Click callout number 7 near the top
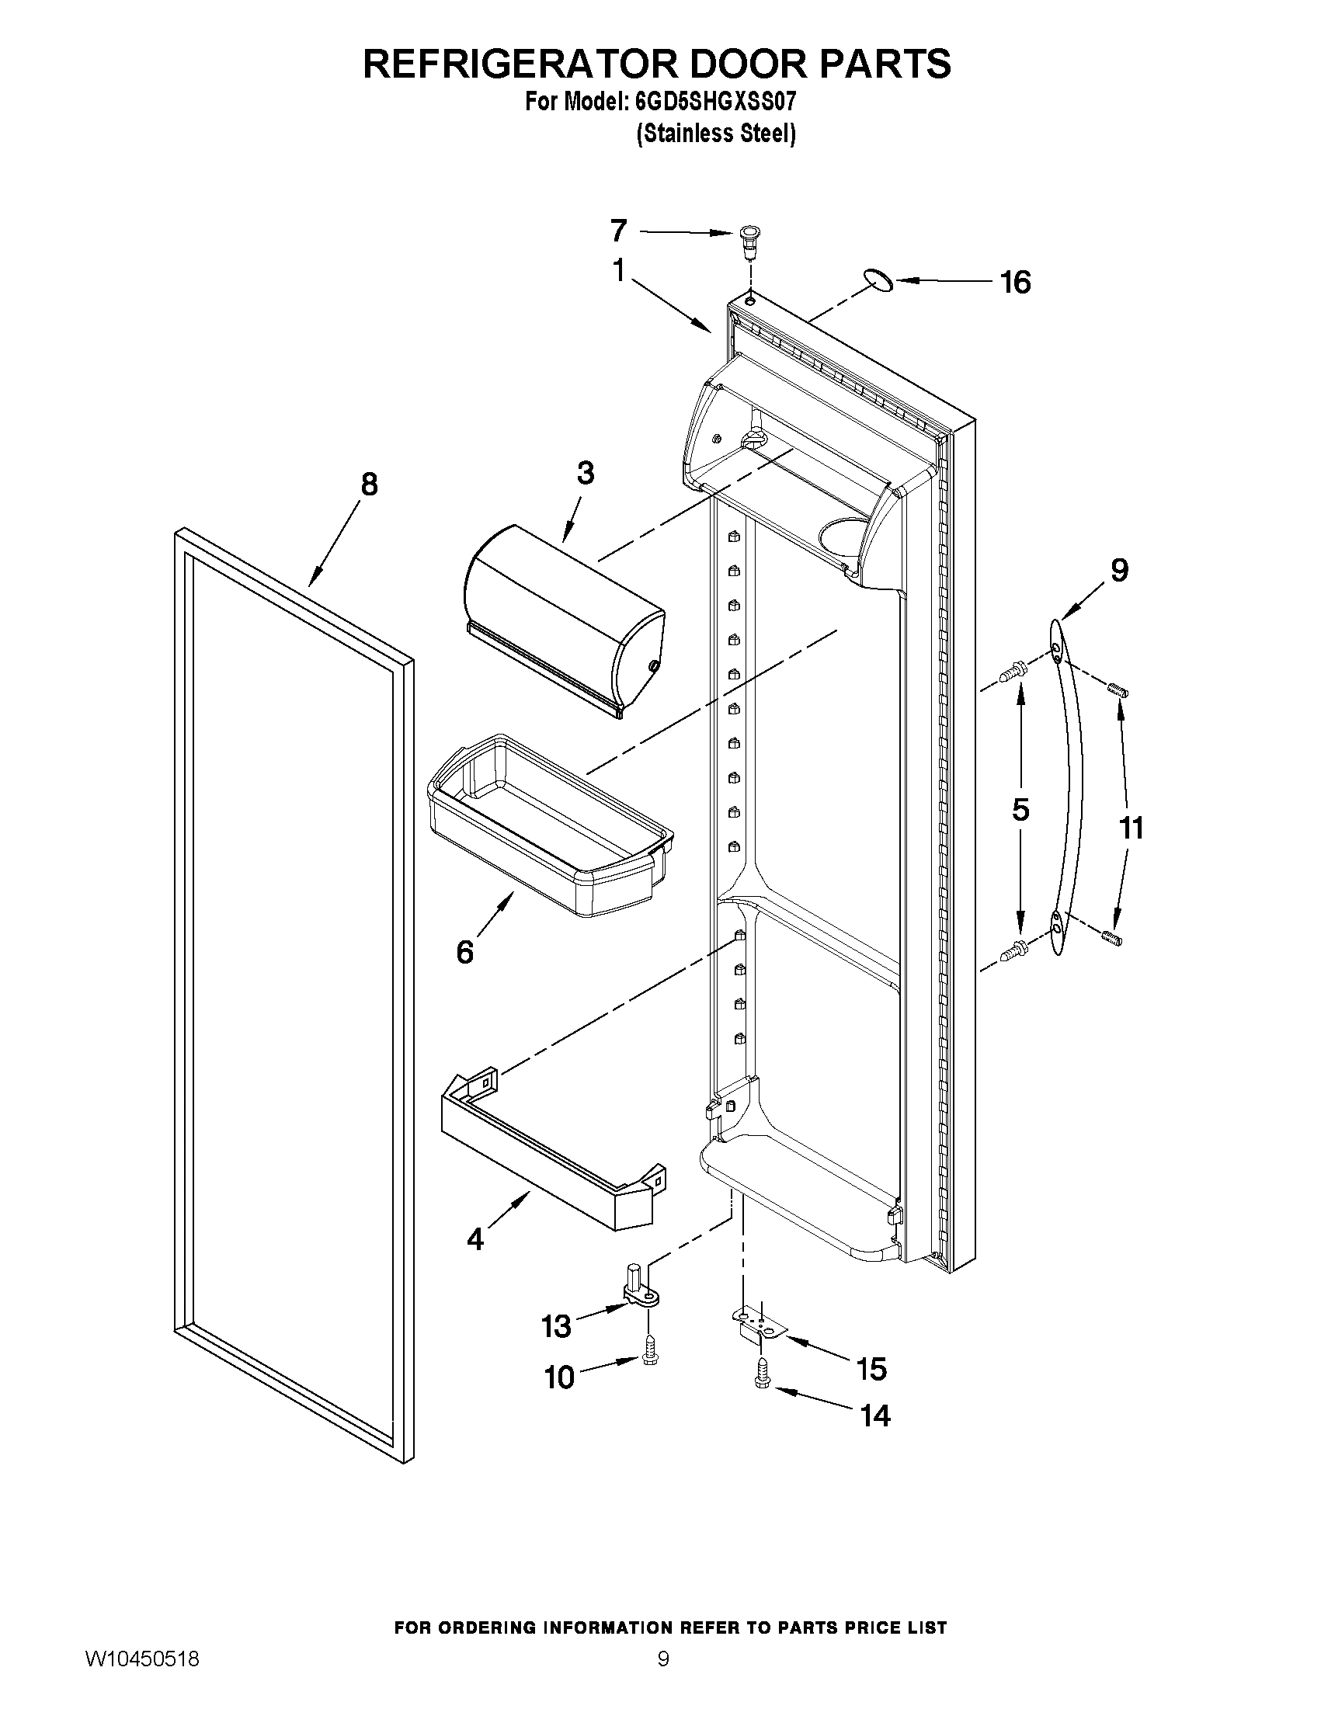[x=618, y=231]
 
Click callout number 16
[x=1016, y=283]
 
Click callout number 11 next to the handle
[x=1132, y=827]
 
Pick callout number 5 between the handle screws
[x=1020, y=810]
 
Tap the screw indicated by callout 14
[x=761, y=1375]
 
